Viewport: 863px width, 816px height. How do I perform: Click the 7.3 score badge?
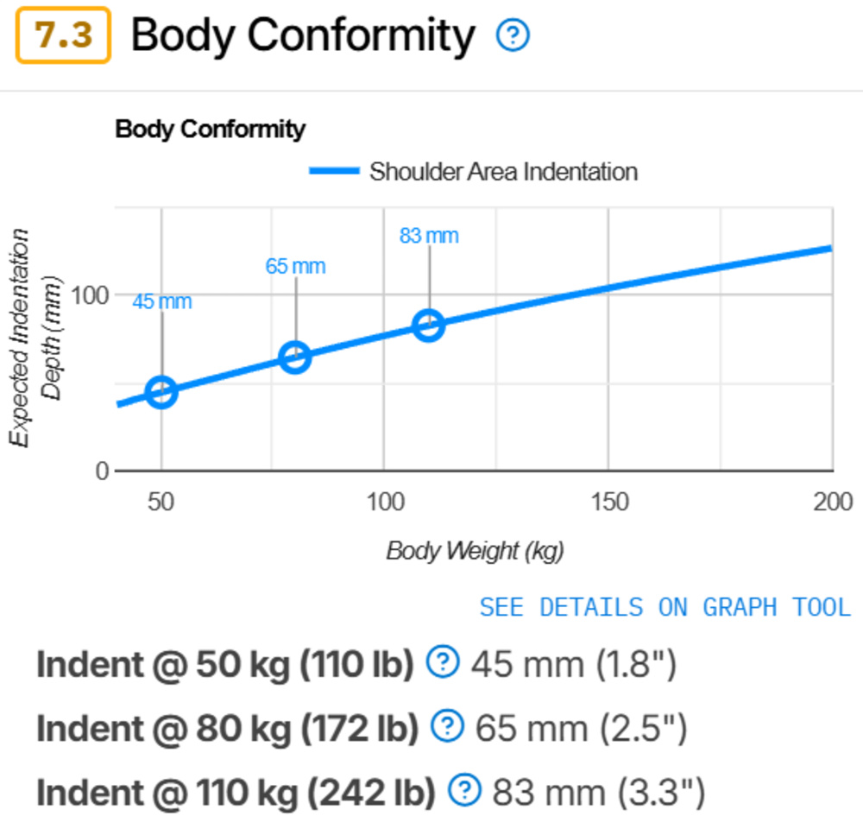click(x=63, y=36)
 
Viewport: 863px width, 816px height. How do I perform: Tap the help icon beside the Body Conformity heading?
click(x=513, y=35)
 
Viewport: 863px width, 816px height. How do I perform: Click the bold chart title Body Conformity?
click(x=210, y=130)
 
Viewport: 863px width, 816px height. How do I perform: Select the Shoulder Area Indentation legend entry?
click(x=473, y=171)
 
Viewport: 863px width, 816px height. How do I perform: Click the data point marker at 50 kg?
click(x=161, y=392)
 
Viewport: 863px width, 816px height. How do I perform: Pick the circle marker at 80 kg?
click(x=295, y=357)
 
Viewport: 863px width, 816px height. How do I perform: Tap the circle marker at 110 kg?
click(x=429, y=326)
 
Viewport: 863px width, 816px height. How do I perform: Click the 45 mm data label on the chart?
click(x=161, y=301)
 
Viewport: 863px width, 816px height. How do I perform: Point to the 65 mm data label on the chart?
click(x=295, y=266)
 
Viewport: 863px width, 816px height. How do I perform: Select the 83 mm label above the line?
click(x=429, y=235)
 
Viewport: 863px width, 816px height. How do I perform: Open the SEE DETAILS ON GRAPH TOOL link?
click(x=665, y=607)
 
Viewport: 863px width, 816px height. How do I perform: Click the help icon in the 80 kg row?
click(x=447, y=727)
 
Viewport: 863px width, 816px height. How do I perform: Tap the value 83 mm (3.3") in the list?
click(x=598, y=790)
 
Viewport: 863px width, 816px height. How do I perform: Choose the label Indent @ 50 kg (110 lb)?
click(x=225, y=664)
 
